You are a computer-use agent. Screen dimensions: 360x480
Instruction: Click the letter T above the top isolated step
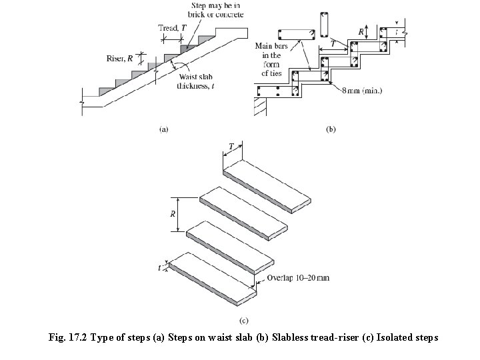click(231, 145)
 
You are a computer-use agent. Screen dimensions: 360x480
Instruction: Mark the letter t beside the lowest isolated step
click(160, 267)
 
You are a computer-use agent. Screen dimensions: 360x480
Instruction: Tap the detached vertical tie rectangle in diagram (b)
click(325, 25)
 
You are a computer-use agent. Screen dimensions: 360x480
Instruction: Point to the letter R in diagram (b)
click(361, 31)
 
